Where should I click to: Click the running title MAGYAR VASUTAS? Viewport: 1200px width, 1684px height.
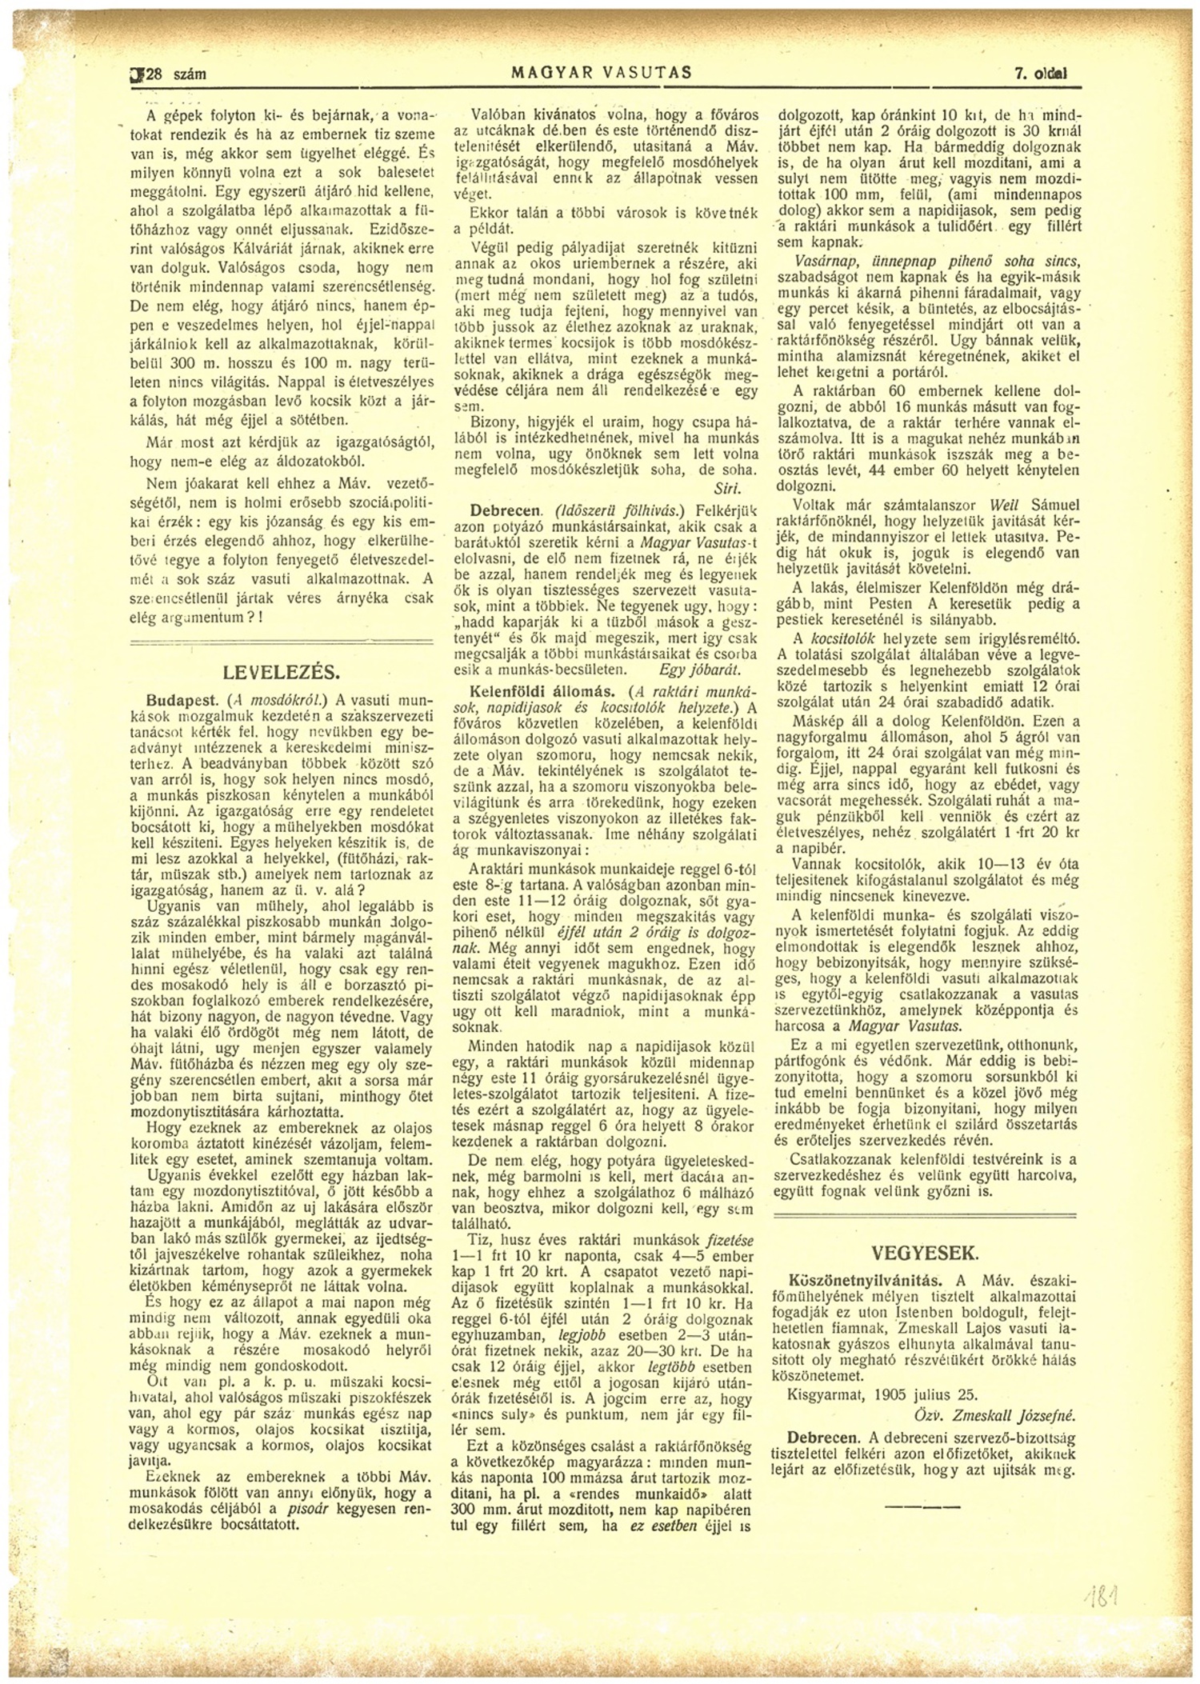click(x=601, y=74)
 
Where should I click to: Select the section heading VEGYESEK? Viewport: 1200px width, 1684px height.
click(x=926, y=1253)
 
